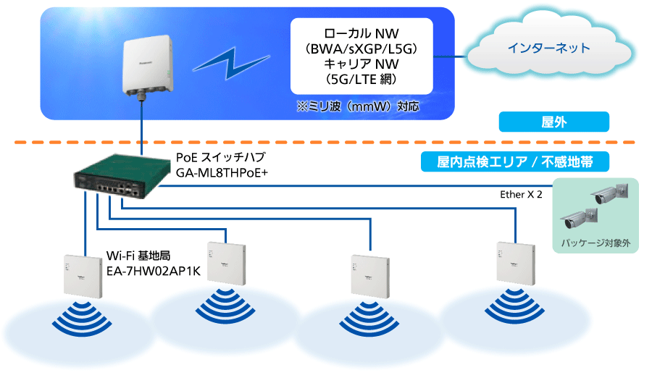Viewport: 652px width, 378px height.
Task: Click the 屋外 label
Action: pyautogui.click(x=553, y=122)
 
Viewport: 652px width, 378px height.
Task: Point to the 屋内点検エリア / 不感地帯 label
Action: pyautogui.click(x=514, y=161)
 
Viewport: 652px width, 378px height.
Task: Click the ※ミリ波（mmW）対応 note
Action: pyautogui.click(x=358, y=106)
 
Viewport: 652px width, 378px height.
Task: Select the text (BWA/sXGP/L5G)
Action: pyautogui.click(x=361, y=49)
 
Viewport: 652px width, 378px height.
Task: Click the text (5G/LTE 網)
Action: pyautogui.click(x=361, y=79)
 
